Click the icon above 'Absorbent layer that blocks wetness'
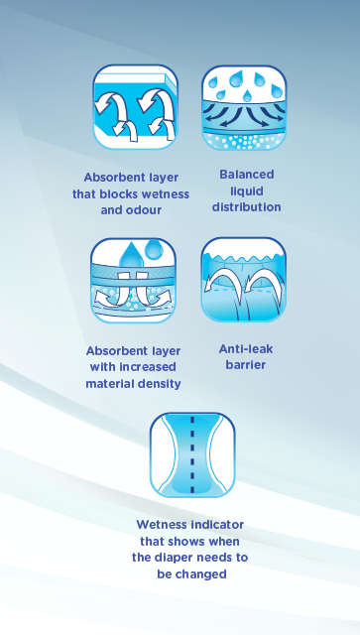coord(135,107)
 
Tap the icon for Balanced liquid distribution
coord(244,107)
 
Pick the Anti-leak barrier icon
coord(244,280)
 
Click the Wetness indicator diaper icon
coord(191,453)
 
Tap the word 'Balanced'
coord(246,176)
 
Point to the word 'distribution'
coord(246,207)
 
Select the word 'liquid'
coord(246,191)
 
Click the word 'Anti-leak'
coord(246,348)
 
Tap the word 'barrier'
coord(246,364)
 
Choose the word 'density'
coord(158,383)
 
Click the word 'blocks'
coord(132,194)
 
